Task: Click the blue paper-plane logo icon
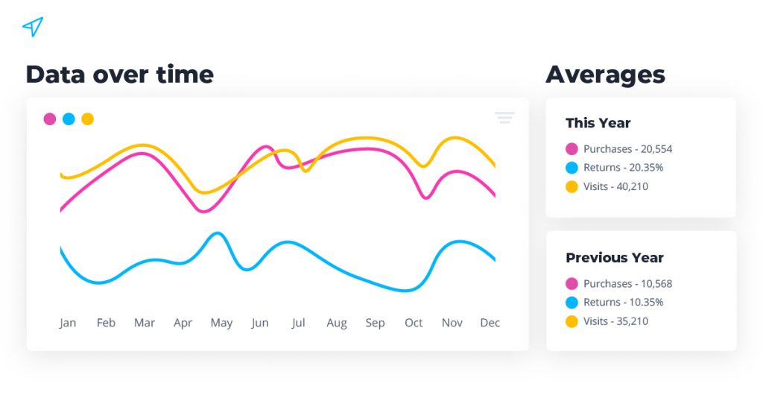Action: (32, 28)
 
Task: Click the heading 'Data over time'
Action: (119, 75)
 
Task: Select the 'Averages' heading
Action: (605, 75)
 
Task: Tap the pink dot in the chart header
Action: (50, 119)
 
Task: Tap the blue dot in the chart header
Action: (69, 119)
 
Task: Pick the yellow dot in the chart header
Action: (88, 119)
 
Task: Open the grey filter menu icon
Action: (504, 118)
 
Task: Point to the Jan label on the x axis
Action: (68, 323)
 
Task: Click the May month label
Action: (221, 323)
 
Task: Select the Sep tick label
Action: (375, 323)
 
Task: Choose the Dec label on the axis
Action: (490, 323)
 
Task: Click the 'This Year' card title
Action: (598, 124)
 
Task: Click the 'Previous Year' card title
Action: (614, 258)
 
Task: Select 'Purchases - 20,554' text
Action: (627, 149)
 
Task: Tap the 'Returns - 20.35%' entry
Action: (623, 168)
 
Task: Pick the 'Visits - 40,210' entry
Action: (615, 186)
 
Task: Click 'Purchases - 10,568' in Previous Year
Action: (627, 284)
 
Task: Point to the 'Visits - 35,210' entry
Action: (615, 321)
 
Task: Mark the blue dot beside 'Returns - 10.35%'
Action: (572, 303)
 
